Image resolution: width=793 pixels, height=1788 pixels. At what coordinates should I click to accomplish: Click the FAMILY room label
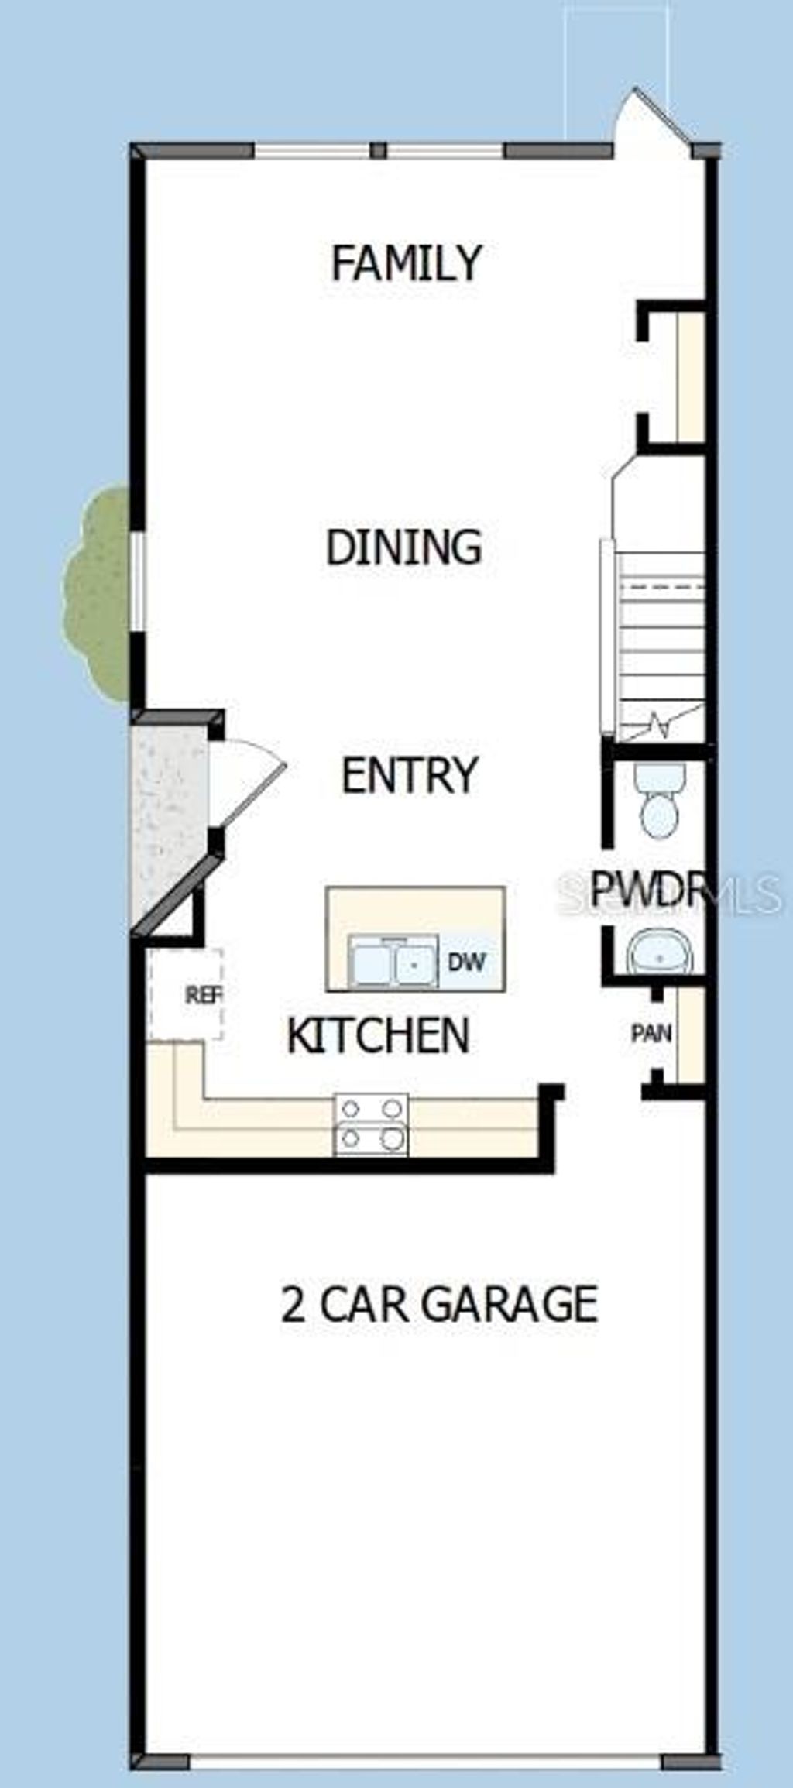click(x=407, y=263)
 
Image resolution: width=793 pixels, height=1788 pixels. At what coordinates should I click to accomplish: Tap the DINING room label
click(x=403, y=547)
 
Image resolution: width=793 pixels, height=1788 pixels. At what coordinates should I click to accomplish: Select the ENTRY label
click(x=410, y=775)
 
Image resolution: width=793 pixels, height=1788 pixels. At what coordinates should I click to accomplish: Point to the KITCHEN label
click(x=378, y=1035)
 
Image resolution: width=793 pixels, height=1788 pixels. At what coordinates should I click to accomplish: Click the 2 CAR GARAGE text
click(x=438, y=1304)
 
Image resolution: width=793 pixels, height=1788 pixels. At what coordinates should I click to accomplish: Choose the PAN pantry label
click(x=651, y=1033)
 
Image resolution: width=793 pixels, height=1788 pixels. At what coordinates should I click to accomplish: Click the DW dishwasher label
click(x=467, y=962)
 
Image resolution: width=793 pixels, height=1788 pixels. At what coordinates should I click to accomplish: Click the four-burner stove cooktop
click(x=371, y=1124)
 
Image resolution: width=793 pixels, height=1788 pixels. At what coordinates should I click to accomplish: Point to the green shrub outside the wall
click(x=97, y=592)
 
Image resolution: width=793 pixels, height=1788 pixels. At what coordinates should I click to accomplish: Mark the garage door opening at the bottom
click(x=426, y=1762)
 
